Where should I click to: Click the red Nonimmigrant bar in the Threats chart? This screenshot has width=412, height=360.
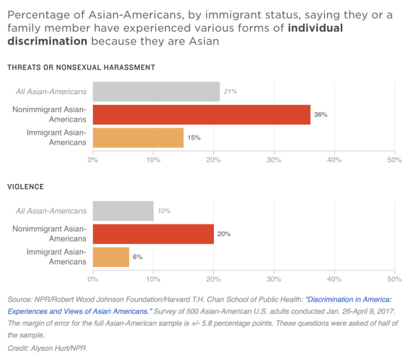click(201, 115)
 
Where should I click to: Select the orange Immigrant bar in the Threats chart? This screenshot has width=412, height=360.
click(138, 137)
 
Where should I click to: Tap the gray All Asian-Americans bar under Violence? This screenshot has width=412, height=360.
click(123, 211)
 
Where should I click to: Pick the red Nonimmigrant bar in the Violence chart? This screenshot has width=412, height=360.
click(153, 234)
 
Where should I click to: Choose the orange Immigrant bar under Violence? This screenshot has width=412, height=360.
click(111, 257)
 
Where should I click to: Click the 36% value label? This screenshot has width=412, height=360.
click(320, 115)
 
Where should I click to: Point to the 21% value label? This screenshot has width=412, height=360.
click(230, 92)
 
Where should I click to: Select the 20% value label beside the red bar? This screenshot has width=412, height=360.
click(224, 234)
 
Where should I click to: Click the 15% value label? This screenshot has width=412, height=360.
click(194, 137)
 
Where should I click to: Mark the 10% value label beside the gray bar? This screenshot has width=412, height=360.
click(163, 211)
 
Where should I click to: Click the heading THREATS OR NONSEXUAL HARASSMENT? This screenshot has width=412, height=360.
click(81, 67)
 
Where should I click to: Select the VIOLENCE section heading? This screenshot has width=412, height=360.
click(26, 187)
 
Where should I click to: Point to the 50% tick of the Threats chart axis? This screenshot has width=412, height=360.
click(394, 159)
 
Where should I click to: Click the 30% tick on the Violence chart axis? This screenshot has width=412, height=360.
click(273, 279)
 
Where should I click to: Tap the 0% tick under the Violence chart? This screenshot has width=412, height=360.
click(93, 279)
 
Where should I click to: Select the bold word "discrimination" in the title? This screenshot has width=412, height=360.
click(46, 41)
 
